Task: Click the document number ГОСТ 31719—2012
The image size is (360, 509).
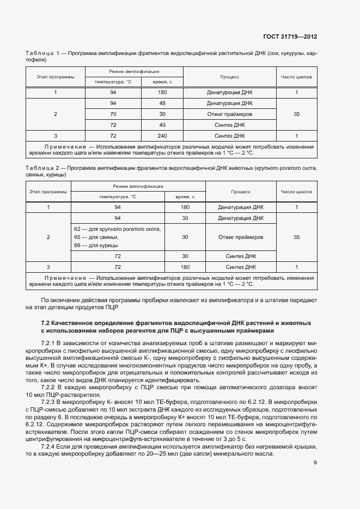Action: [290, 37]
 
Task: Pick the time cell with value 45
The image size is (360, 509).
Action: [162, 103]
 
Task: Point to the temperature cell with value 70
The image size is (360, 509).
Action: [113, 114]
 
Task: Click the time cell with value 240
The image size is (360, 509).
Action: [162, 136]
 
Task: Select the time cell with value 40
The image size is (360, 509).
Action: [162, 125]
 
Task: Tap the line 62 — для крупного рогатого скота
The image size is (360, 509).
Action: [117, 229]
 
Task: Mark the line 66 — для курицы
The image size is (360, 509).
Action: [94, 246]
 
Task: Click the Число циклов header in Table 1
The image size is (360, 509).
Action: [296, 77]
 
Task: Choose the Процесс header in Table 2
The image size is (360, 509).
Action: [240, 192]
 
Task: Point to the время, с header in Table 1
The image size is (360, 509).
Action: [162, 82]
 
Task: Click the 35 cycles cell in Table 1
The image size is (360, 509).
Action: [296, 114]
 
